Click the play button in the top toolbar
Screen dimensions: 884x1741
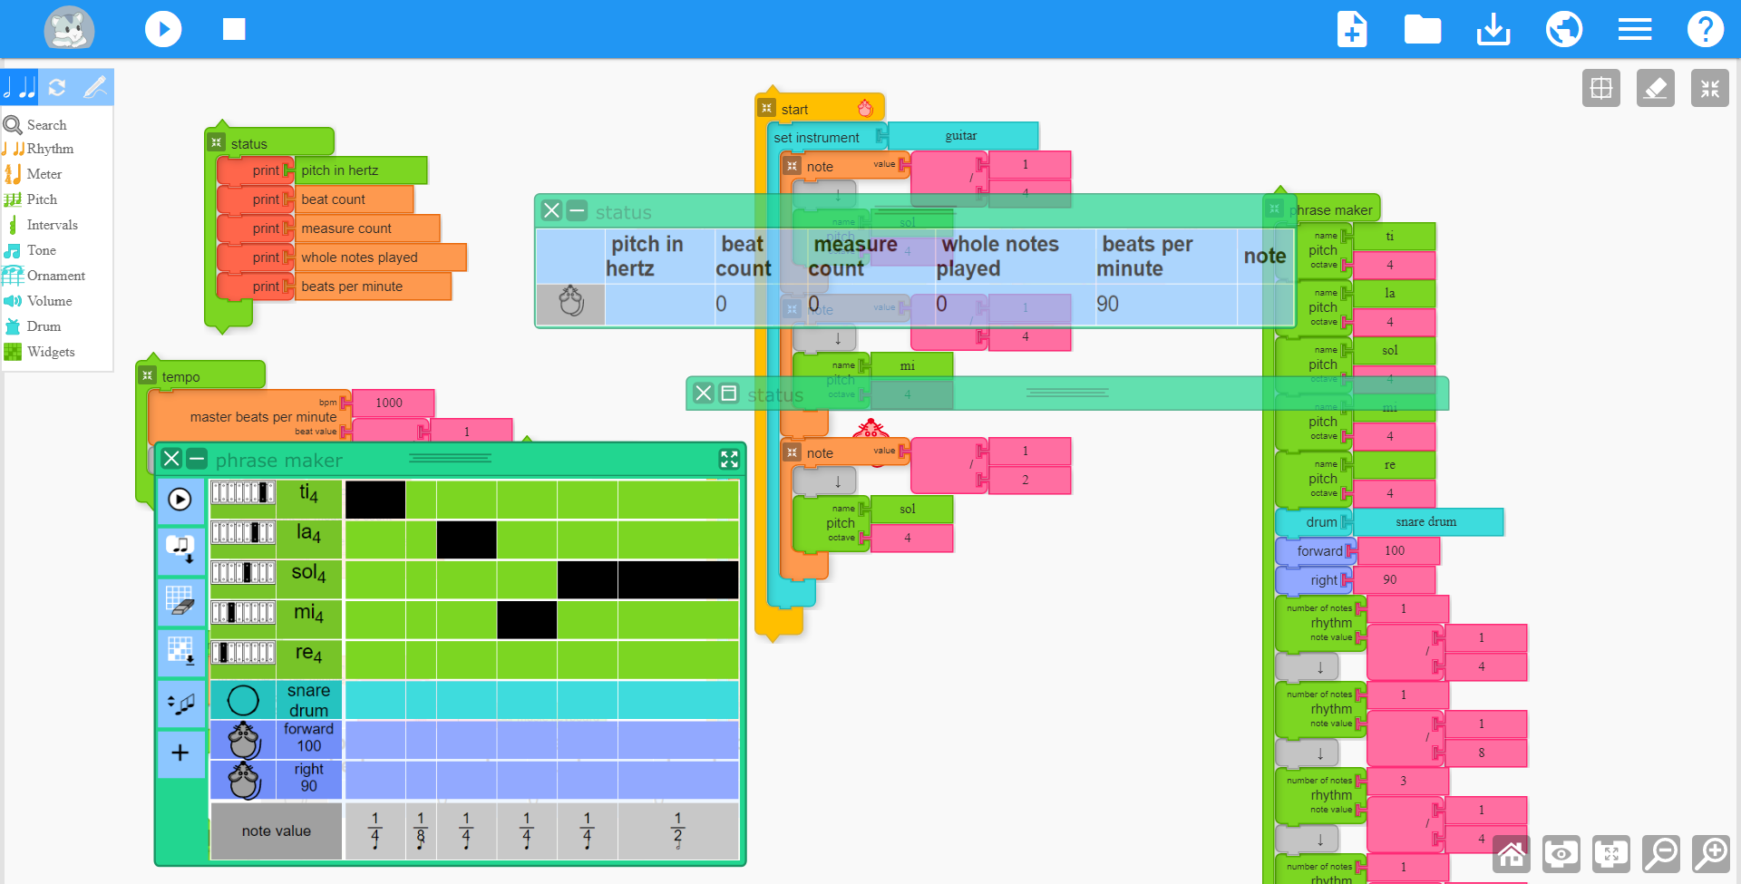tap(163, 29)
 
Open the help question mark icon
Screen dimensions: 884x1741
tap(1705, 29)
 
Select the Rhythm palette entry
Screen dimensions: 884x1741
tap(50, 149)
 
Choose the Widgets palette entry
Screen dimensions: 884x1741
tap(51, 352)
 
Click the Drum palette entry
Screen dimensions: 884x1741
tap(44, 326)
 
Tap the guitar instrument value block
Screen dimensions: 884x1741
tap(961, 136)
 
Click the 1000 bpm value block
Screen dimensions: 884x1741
tap(390, 403)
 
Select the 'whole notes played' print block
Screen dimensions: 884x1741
tap(381, 257)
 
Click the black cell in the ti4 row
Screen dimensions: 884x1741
tap(375, 500)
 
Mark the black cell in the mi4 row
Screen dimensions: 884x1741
tap(527, 620)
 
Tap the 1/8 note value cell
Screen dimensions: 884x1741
tap(421, 831)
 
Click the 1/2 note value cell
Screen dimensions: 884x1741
tap(677, 831)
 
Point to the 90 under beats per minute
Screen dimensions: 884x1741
tap(1107, 305)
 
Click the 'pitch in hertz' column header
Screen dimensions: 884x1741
tap(646, 256)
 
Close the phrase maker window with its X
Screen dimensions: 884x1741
tap(171, 459)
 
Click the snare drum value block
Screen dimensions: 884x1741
tap(1426, 522)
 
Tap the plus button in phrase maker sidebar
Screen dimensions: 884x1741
tap(180, 753)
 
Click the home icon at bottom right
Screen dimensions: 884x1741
tap(1511, 853)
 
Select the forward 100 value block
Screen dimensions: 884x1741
tap(1395, 550)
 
